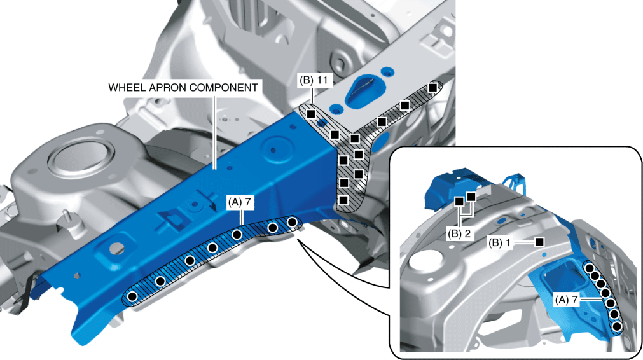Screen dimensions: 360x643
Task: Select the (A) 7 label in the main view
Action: click(x=240, y=202)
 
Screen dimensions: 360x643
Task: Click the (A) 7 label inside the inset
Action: click(x=565, y=298)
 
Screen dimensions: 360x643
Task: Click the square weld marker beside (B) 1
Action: click(x=539, y=242)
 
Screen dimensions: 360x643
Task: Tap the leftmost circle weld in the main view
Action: click(x=132, y=296)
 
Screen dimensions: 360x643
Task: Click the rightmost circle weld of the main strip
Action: click(x=293, y=222)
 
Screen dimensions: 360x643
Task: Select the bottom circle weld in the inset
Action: click(x=616, y=326)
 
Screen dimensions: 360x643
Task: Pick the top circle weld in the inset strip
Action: click(x=590, y=267)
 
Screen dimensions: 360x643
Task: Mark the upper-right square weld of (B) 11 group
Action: click(x=432, y=87)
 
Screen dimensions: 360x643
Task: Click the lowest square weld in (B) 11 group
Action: click(x=343, y=200)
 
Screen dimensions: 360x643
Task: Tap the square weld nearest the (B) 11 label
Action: click(x=310, y=114)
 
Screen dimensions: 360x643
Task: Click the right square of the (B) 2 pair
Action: click(x=471, y=197)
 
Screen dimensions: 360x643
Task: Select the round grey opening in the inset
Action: click(x=424, y=261)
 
